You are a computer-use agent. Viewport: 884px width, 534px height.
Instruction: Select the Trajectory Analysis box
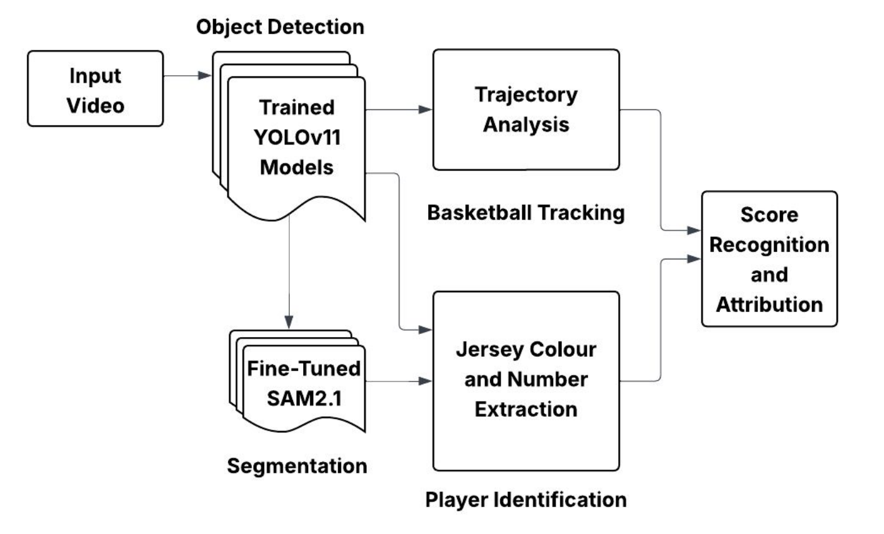coord(525,109)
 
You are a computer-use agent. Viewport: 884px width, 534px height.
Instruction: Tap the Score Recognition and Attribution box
coord(769,259)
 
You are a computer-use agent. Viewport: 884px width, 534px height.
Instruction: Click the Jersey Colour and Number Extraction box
coord(525,381)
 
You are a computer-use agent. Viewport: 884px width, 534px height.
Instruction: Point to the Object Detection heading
coord(280,27)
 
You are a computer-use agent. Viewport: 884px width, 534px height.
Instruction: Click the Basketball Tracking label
coord(525,213)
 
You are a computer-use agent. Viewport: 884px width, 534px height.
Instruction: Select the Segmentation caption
coord(297,466)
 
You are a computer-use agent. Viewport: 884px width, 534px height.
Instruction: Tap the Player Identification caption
coord(525,499)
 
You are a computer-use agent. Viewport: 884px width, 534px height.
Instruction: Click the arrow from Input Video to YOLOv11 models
coord(187,75)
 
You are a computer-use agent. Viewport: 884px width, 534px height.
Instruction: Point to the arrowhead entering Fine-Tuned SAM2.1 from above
coord(288,322)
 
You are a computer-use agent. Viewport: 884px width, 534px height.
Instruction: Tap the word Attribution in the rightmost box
coord(769,304)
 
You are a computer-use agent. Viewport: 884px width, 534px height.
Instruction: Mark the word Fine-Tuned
coord(302,369)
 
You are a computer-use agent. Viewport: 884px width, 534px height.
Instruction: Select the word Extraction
coord(525,409)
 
